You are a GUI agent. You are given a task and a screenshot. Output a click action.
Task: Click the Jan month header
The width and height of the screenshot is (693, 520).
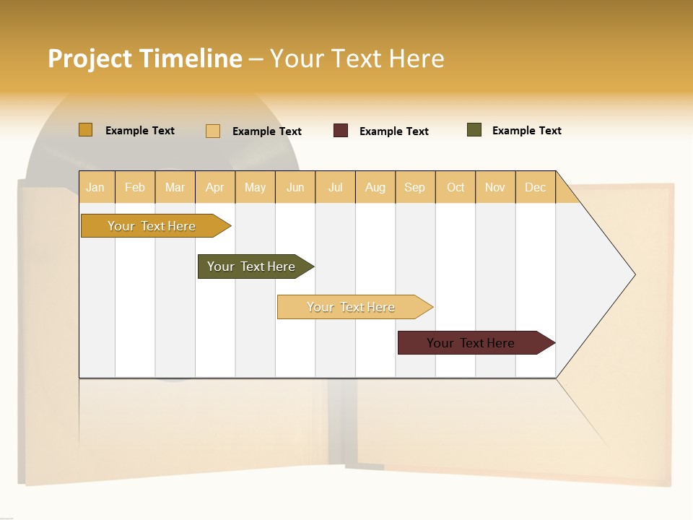coord(95,187)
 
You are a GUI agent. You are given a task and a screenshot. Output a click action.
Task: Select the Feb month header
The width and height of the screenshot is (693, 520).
coord(135,187)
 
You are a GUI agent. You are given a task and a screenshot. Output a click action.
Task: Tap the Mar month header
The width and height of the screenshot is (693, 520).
coord(175,187)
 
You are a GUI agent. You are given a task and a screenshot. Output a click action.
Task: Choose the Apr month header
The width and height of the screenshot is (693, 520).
coord(214,187)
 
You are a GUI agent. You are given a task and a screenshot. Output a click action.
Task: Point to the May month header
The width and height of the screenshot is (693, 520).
coord(255,187)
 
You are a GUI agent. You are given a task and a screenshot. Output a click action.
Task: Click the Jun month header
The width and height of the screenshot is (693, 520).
coord(295,187)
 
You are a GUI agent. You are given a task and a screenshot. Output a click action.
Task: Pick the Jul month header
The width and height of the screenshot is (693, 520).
coord(335,187)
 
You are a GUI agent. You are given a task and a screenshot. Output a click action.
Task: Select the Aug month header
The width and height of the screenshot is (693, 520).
coord(375,187)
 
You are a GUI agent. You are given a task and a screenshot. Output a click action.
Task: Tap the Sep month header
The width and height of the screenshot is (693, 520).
coord(414,187)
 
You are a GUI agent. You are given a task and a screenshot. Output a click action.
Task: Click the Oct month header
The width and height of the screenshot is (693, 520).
coord(456,187)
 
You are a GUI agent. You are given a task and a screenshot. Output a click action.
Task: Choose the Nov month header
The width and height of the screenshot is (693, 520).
coord(494,187)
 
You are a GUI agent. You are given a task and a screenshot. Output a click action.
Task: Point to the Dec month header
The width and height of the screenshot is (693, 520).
coord(535,187)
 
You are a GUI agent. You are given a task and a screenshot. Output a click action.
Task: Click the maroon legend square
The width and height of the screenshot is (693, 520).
coord(341,131)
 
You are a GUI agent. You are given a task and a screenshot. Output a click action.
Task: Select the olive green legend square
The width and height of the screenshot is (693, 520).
coord(474,130)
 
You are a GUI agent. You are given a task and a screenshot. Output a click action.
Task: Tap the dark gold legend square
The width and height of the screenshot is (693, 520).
coord(85,130)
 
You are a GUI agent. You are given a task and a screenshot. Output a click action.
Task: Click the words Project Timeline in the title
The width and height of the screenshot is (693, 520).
coord(145,58)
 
